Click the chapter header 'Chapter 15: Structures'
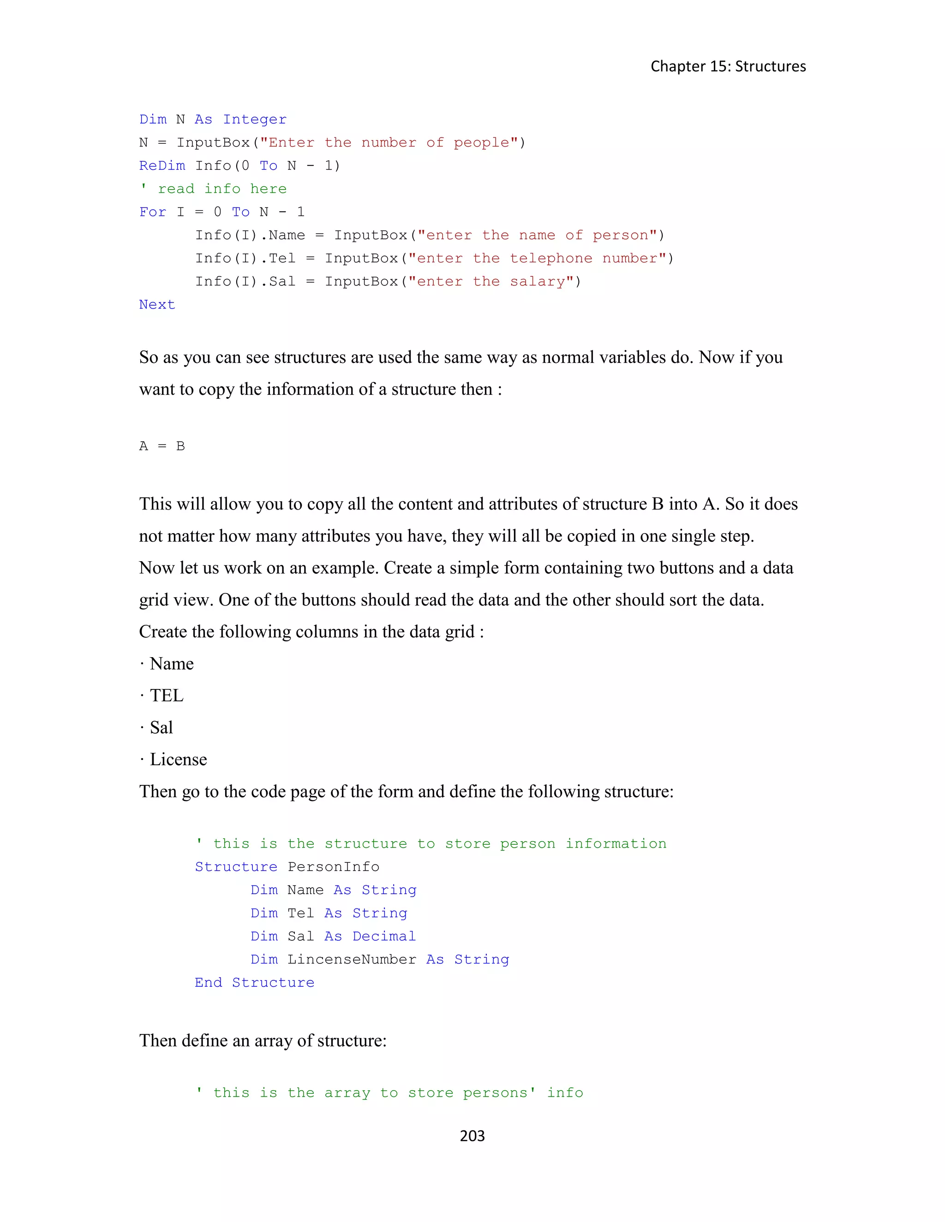pyautogui.click(x=728, y=66)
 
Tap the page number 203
pyautogui.click(x=472, y=1135)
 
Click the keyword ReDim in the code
pyautogui.click(x=162, y=166)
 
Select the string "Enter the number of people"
pyautogui.click(x=389, y=142)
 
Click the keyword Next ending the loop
pyautogui.click(x=157, y=304)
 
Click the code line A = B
pyautogui.click(x=162, y=446)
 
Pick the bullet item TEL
pyautogui.click(x=166, y=695)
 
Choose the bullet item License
pyautogui.click(x=178, y=759)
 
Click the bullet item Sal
pyautogui.click(x=161, y=727)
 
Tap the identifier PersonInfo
pyautogui.click(x=333, y=867)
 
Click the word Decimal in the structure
pyautogui.click(x=384, y=936)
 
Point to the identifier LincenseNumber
pyautogui.click(x=352, y=960)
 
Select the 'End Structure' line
pyautogui.click(x=254, y=983)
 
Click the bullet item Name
pyautogui.click(x=171, y=664)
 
